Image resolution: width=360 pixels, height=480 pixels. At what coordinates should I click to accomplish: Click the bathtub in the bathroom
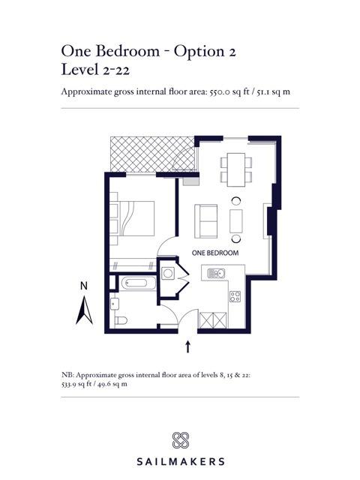[x=139, y=283]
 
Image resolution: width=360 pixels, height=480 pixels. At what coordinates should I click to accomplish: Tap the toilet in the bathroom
[x=121, y=320]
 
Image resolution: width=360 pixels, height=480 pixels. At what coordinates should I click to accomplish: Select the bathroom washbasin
[x=115, y=304]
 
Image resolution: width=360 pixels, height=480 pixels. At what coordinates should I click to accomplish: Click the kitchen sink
[x=216, y=273]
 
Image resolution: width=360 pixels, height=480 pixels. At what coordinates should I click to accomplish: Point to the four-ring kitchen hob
[x=235, y=296]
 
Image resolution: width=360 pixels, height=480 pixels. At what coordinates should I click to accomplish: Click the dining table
[x=236, y=169]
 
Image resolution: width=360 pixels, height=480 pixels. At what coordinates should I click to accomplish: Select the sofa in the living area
[x=206, y=220]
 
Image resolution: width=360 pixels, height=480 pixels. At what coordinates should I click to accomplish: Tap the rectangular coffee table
[x=236, y=220]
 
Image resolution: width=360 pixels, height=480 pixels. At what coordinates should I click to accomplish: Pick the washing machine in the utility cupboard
[x=168, y=273]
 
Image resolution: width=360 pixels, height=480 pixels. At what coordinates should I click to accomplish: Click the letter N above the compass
[x=83, y=286]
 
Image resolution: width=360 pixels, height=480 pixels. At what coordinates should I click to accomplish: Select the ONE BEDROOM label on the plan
[x=215, y=253]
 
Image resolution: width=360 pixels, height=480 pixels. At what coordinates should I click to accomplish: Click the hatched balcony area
[x=153, y=154]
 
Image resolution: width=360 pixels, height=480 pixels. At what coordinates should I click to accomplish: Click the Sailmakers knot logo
[x=181, y=440]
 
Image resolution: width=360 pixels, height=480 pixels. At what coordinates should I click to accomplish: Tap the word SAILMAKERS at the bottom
[x=181, y=461]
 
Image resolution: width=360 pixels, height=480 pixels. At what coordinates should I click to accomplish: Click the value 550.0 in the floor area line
[x=219, y=91]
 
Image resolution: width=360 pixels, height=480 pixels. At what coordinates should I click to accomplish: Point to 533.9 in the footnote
[x=69, y=384]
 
